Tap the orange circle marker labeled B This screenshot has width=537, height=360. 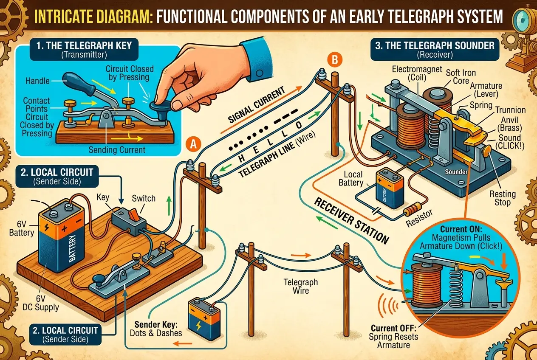click(334, 61)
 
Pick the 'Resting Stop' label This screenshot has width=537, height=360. click(503, 198)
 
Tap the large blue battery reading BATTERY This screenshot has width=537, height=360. click(62, 238)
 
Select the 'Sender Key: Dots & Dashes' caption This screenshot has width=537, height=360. click(156, 328)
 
